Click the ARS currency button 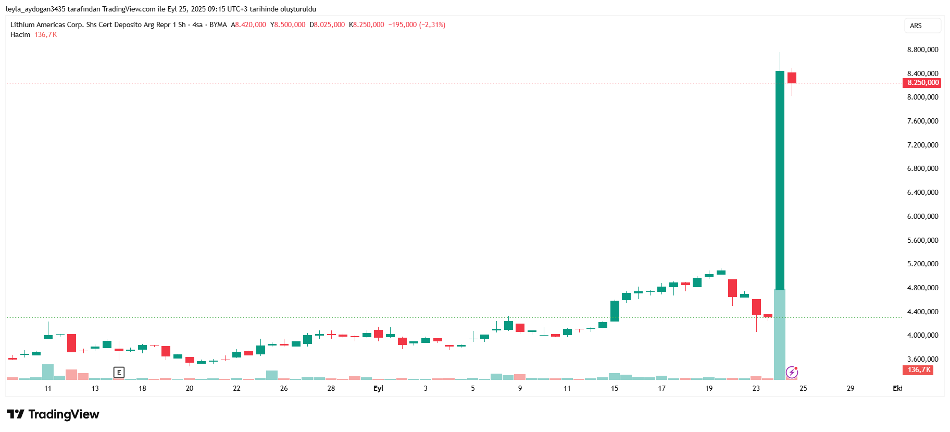tap(916, 26)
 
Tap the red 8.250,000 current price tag tap(922, 83)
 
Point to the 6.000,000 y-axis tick tap(922, 216)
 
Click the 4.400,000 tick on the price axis tap(922, 312)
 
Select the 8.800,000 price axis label tap(922, 50)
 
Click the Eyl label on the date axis tap(378, 388)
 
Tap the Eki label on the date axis tap(897, 388)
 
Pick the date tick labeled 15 tap(615, 388)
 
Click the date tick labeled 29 tap(850, 388)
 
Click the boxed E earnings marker tap(119, 372)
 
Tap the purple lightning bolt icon tap(792, 372)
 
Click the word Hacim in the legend tap(20, 35)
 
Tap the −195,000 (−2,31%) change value tap(417, 24)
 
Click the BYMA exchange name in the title tap(218, 24)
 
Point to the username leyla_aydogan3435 tap(35, 9)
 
